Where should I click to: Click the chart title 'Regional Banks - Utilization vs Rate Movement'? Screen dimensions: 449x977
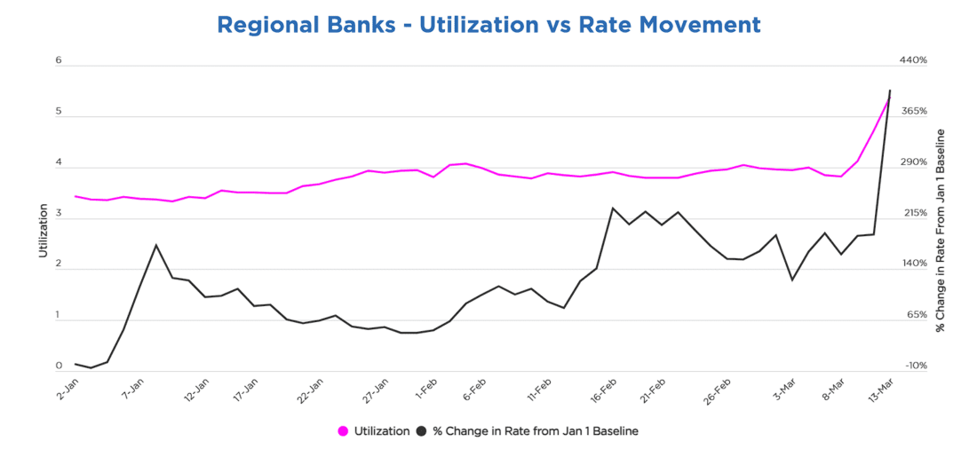pos(488,25)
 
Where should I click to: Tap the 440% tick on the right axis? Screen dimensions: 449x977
pos(914,60)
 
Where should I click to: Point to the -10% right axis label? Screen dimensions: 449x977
pos(914,366)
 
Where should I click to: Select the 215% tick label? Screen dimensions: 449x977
pos(914,213)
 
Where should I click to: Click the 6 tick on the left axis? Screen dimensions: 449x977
pos(59,60)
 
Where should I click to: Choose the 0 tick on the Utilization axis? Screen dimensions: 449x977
pos(59,366)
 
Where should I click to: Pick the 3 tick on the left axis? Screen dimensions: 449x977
pos(59,213)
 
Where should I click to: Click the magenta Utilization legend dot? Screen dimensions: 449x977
pos(343,431)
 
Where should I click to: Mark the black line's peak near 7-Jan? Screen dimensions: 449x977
pos(156,245)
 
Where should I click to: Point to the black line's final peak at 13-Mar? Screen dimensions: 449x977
pos(890,91)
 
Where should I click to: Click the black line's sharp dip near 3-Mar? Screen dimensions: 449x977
pos(792,280)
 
